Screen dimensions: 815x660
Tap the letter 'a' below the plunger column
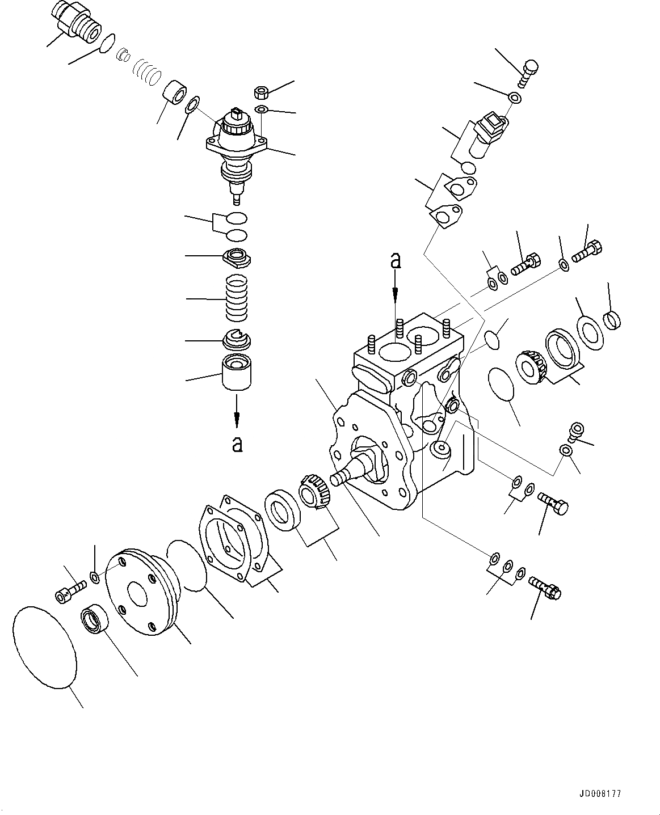click(x=237, y=444)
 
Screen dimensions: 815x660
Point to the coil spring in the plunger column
click(x=238, y=297)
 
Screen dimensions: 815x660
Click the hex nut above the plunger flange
click(x=262, y=92)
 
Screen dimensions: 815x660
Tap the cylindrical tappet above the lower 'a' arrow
click(x=237, y=371)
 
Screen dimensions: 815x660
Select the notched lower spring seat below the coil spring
click(x=237, y=339)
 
